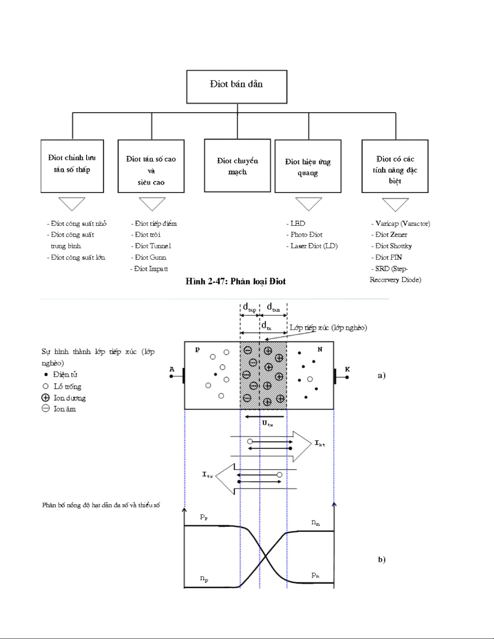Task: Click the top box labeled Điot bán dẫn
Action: pos(237,87)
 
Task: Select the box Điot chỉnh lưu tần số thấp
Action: pos(72,166)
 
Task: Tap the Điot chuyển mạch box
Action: pos(237,166)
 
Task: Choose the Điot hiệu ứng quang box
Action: pos(308,166)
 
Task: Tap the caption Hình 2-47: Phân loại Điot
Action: pos(236,281)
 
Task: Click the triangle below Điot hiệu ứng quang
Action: pos(308,203)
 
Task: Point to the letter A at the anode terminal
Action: pos(172,369)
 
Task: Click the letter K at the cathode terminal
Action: pos(347,369)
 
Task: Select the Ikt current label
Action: pos(320,443)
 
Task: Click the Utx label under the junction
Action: pos(267,423)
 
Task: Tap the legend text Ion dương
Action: pos(69,398)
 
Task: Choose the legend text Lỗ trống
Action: pos(67,387)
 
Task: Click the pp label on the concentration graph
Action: pos(204,517)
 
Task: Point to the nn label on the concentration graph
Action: pos(315,522)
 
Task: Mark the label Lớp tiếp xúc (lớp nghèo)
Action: pos(328,328)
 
